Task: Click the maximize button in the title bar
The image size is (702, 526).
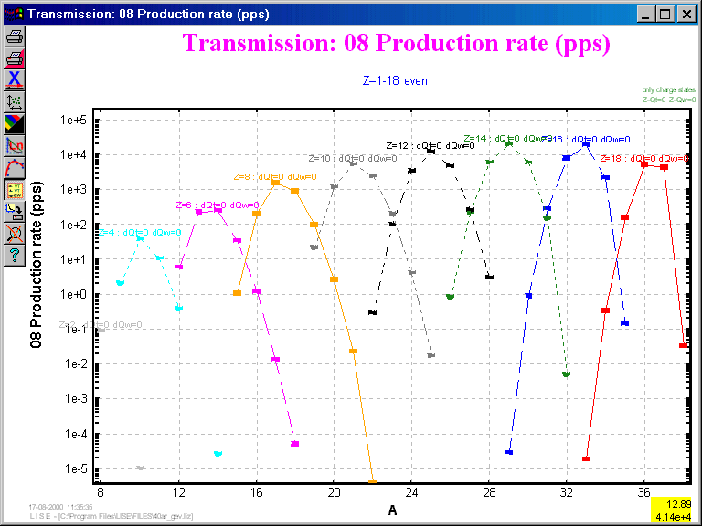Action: [x=665, y=14]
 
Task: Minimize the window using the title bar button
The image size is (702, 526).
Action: [x=646, y=14]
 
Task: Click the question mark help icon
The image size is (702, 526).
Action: [x=15, y=254]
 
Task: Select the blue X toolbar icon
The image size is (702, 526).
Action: [x=15, y=79]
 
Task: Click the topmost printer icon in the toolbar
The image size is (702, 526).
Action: [x=15, y=37]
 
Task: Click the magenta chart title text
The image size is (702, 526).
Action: [x=396, y=43]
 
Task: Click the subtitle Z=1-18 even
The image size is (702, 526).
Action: [x=395, y=80]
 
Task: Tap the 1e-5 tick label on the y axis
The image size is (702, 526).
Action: [x=73, y=469]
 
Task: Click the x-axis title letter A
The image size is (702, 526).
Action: [x=392, y=510]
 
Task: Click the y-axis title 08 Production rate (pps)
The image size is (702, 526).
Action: [x=37, y=275]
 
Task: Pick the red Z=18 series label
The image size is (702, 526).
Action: [x=643, y=158]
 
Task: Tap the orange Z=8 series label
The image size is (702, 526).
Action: [x=274, y=176]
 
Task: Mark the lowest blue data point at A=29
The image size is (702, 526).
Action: [x=508, y=452]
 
